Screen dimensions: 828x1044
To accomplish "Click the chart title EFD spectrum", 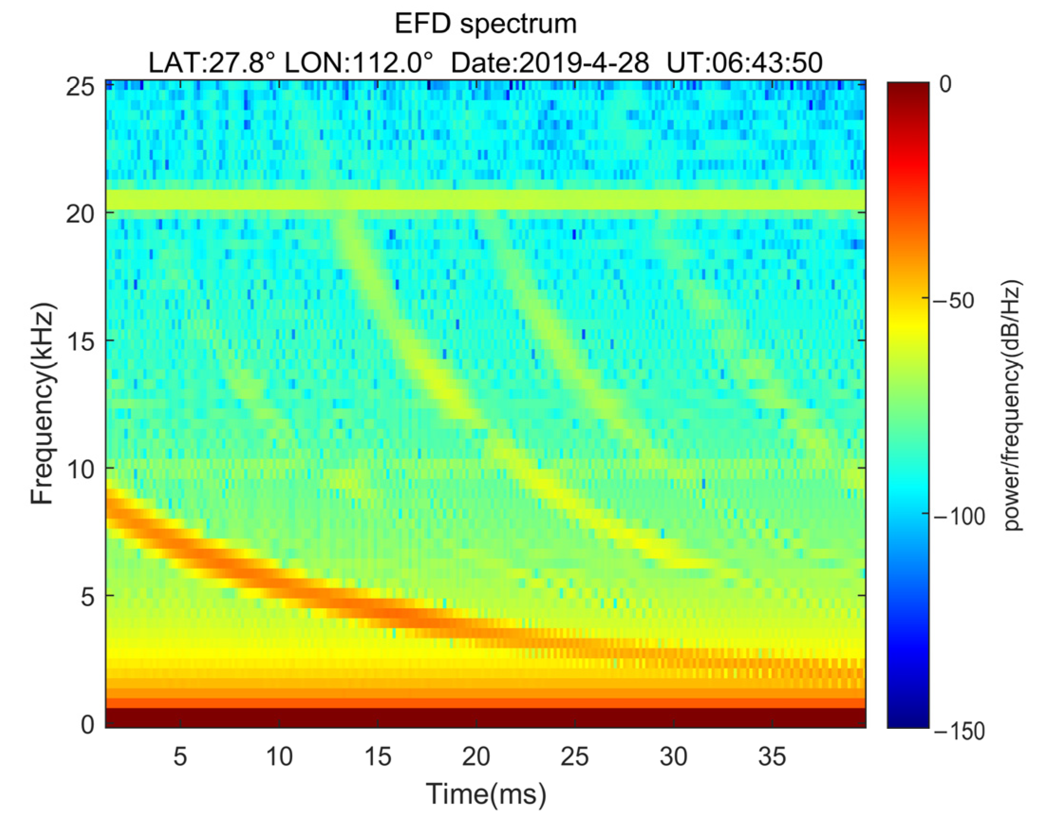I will click(486, 24).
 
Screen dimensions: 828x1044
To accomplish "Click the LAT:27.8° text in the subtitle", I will click(212, 63).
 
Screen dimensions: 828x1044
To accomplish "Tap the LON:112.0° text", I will click(358, 63).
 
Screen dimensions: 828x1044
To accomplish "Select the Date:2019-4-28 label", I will click(550, 63).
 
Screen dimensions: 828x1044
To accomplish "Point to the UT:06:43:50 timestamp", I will click(744, 63).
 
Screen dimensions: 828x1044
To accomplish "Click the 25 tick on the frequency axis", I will click(79, 88).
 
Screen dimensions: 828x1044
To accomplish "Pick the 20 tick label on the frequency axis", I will click(79, 213).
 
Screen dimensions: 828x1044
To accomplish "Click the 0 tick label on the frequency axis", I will click(87, 725).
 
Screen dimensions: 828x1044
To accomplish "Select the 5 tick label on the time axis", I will click(180, 756).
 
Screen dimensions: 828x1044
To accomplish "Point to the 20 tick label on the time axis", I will click(476, 756).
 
